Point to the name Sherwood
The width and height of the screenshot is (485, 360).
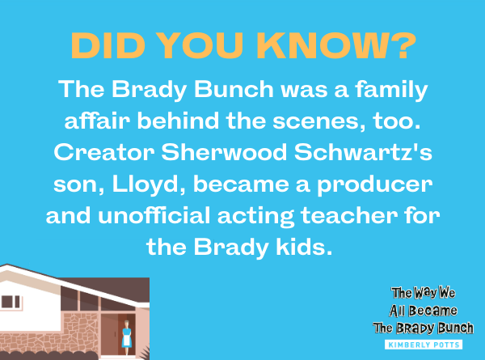pos(224,152)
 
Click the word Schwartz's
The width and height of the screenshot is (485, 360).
pos(363,152)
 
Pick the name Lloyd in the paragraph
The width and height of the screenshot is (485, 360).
pos(149,184)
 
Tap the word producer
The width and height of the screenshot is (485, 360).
pos(374,185)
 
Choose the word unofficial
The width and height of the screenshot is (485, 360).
pos(154,215)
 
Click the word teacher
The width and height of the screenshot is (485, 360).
pos(349,215)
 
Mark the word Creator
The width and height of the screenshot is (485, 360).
pos(104,152)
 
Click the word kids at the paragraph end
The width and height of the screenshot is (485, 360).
pos(304,247)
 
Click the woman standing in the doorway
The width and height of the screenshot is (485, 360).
pos(126,337)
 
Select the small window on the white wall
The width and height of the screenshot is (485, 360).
pos(11,302)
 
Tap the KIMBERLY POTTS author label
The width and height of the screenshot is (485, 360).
pos(424,345)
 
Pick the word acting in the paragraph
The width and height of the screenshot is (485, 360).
pos(255,216)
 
